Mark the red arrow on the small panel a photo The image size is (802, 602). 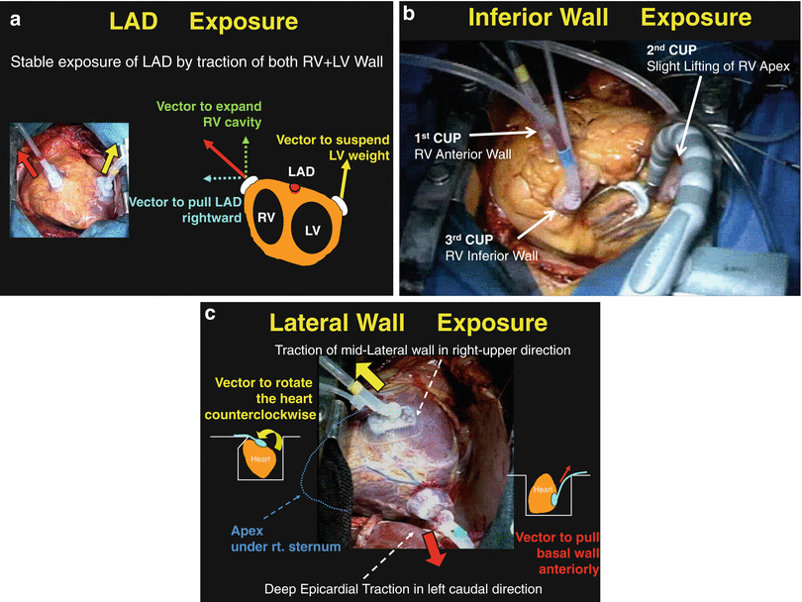pyautogui.click(x=30, y=155)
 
